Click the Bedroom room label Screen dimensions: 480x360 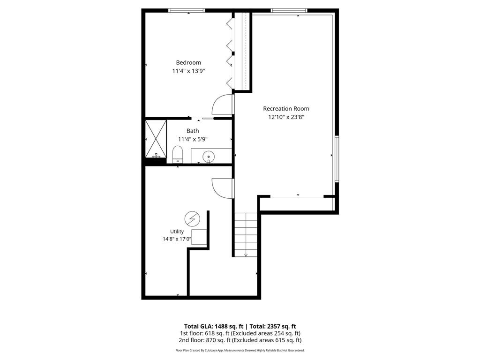[x=188, y=62]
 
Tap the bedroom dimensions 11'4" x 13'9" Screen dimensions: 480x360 [x=188, y=71]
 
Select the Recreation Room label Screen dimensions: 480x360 [x=286, y=108]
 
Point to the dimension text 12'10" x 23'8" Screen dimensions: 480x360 [x=286, y=117]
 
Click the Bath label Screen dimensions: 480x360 [x=193, y=131]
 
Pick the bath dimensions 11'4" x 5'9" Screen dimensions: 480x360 [x=193, y=139]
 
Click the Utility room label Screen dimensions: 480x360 [x=177, y=232]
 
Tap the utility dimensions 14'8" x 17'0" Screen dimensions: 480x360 [x=177, y=239]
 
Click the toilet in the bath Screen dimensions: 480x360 [x=178, y=155]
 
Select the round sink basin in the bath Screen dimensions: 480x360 [x=209, y=157]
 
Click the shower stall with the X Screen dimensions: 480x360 [x=156, y=139]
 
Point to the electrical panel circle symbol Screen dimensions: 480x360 [x=192, y=219]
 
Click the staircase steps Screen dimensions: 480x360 [x=246, y=235]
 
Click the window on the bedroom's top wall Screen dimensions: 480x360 [x=187, y=11]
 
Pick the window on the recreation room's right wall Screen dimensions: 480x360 [x=337, y=159]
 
